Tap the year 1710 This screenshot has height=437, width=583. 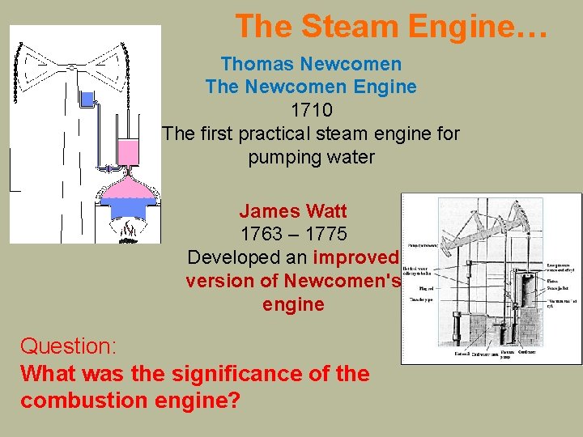(311, 108)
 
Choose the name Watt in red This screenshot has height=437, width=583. (327, 211)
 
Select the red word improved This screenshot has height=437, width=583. (356, 257)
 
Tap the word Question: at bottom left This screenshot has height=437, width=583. (69, 346)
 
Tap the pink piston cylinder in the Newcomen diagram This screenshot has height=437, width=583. (128, 151)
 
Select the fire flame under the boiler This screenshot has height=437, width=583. (128, 231)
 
